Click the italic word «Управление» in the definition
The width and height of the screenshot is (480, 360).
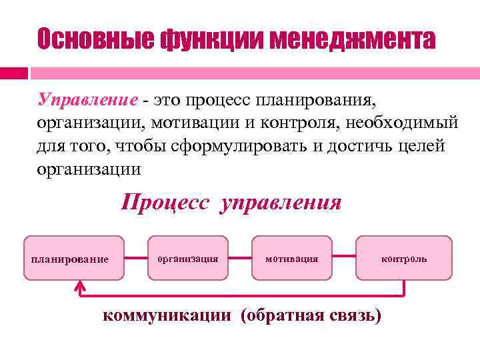[x=87, y=101]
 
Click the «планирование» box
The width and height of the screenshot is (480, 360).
[x=73, y=258]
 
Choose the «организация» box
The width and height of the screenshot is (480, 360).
[x=189, y=257]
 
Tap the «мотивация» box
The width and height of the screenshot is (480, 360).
[x=292, y=257]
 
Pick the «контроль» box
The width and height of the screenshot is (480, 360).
[x=404, y=257]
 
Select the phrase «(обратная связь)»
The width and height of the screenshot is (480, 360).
[x=311, y=315]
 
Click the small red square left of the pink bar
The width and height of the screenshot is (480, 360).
[x=13, y=73]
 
